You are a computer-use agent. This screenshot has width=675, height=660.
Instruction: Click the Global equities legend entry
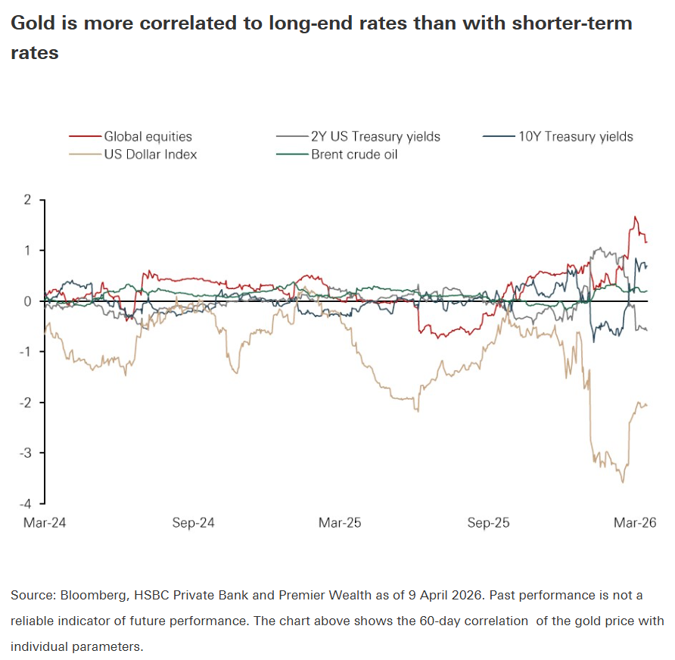point(148,137)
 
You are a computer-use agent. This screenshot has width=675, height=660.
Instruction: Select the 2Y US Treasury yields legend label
point(375,137)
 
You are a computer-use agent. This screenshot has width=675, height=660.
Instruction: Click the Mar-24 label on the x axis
point(45,523)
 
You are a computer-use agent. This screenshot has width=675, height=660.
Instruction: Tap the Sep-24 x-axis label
point(194,523)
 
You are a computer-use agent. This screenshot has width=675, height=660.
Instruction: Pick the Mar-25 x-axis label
point(341,523)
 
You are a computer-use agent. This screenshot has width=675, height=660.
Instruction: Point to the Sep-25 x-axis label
point(489,523)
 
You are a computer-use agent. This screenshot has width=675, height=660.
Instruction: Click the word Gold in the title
point(33,23)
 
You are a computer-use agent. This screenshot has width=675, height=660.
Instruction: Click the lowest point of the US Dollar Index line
point(623,482)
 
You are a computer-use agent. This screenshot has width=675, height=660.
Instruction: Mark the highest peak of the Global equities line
point(635,217)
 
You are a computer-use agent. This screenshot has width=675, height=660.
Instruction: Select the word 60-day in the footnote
point(442,621)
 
